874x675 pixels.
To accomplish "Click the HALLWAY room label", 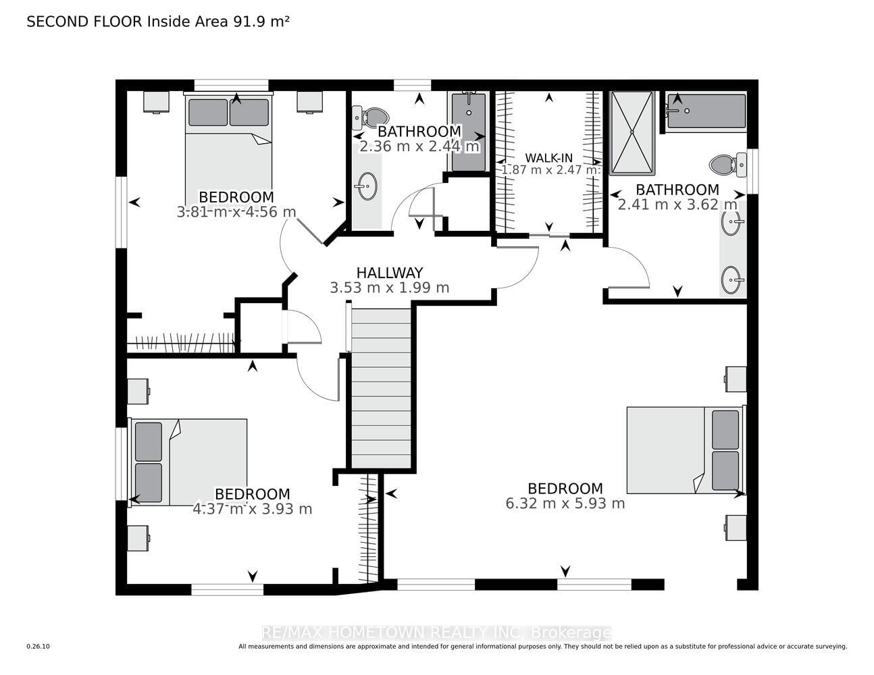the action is click(x=389, y=273).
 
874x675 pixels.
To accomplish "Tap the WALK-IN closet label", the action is click(x=548, y=158).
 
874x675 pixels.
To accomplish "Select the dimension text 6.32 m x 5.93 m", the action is click(x=565, y=503).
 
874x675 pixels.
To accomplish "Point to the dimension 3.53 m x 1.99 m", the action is click(x=389, y=288).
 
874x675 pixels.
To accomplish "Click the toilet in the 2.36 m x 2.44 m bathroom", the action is click(x=370, y=117).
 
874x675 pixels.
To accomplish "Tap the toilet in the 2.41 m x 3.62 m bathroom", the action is click(x=728, y=165).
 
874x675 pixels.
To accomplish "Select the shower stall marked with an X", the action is click(x=632, y=133).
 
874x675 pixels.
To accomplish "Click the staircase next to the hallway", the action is click(x=382, y=388).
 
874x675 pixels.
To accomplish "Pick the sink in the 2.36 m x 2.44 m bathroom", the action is click(x=367, y=186).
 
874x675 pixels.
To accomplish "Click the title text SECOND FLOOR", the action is click(x=84, y=22).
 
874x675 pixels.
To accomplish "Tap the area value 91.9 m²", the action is click(x=261, y=22).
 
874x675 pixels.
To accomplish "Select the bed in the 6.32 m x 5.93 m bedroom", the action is click(x=686, y=450).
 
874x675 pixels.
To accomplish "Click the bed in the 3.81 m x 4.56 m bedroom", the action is click(x=228, y=148).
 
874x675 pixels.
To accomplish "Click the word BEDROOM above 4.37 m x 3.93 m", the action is click(x=252, y=494).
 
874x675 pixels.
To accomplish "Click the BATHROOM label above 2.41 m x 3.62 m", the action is click(x=677, y=190).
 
